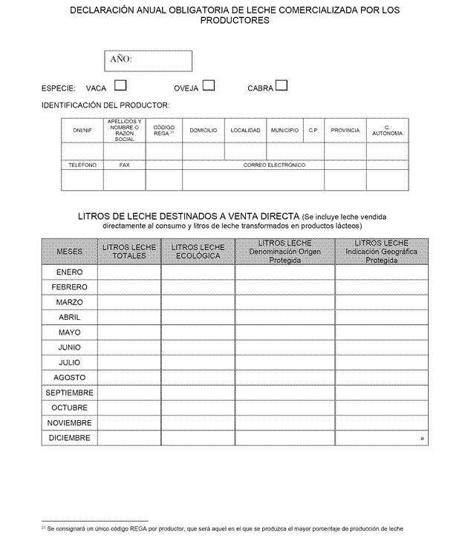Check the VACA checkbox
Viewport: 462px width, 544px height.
tap(120, 85)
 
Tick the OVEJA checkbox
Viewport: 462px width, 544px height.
tap(209, 85)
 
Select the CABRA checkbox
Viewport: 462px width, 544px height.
tap(282, 85)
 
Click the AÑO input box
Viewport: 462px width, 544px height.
tap(148, 60)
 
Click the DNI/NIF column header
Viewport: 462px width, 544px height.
tap(82, 131)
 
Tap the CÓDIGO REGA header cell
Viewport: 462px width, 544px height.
tap(163, 131)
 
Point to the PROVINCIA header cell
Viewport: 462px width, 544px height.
tap(345, 131)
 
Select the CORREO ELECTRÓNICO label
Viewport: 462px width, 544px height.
tap(274, 166)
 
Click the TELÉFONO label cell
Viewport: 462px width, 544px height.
tap(82, 166)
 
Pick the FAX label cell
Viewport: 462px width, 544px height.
tap(124, 166)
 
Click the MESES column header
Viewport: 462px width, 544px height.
tap(69, 252)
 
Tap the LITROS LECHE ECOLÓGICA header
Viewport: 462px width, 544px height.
tap(198, 252)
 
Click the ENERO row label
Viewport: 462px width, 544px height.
tap(69, 272)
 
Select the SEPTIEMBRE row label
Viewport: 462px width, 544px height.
tap(69, 393)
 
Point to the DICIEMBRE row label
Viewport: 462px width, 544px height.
tap(69, 438)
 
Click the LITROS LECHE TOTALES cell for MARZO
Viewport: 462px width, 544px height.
tap(128, 302)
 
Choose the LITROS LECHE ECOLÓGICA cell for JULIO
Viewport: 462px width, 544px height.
tap(198, 362)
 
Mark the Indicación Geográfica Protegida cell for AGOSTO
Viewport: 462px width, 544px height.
tap(381, 378)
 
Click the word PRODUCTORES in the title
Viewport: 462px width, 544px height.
tap(235, 21)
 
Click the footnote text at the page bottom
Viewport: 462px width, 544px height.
tap(223, 529)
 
